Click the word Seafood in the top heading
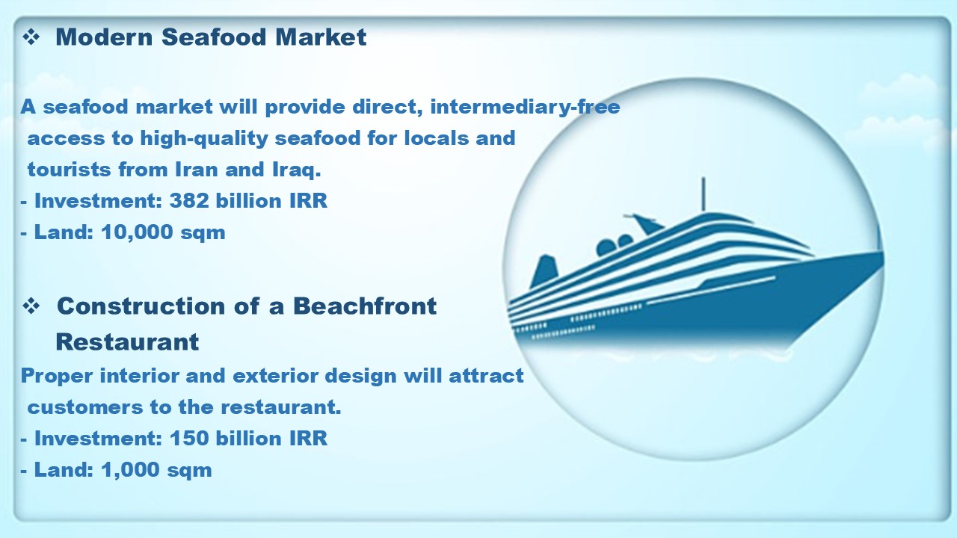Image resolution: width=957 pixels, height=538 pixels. coord(214,37)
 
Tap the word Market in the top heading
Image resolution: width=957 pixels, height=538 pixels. coord(321,37)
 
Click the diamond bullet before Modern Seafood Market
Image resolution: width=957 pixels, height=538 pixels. coord(31,37)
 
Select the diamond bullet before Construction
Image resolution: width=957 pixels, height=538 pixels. coord(31,306)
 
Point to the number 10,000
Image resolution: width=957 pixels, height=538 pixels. coord(137,232)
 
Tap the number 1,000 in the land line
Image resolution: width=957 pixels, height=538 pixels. coord(130,470)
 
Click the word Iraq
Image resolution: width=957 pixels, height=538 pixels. coord(297,170)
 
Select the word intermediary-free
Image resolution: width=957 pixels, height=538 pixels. coord(525,107)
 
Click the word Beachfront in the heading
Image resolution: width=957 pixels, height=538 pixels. coord(365,306)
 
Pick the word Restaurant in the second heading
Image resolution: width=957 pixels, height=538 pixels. coord(127,341)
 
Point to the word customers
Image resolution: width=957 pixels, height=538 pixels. coord(85,407)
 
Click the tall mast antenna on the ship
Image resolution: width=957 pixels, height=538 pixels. coord(704,194)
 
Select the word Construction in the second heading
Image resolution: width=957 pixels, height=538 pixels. coord(141,306)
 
